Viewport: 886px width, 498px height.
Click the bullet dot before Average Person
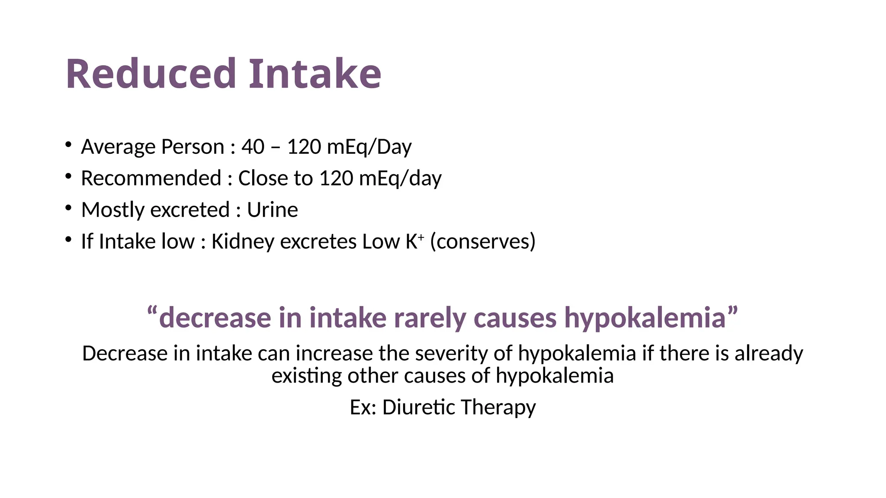point(68,144)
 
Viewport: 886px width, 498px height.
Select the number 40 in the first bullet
point(253,147)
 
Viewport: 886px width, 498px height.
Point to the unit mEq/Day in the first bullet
point(369,147)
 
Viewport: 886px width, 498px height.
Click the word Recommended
point(151,178)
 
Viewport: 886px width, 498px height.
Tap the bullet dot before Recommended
point(68,176)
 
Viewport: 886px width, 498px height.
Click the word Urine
point(272,210)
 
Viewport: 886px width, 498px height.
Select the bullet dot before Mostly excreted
point(68,208)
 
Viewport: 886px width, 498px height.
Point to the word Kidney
point(242,242)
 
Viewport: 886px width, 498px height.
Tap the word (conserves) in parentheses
point(483,242)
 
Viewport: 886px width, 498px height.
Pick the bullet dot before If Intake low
point(68,239)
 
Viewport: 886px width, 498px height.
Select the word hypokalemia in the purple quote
point(645,318)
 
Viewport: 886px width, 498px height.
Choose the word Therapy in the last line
point(498,407)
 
